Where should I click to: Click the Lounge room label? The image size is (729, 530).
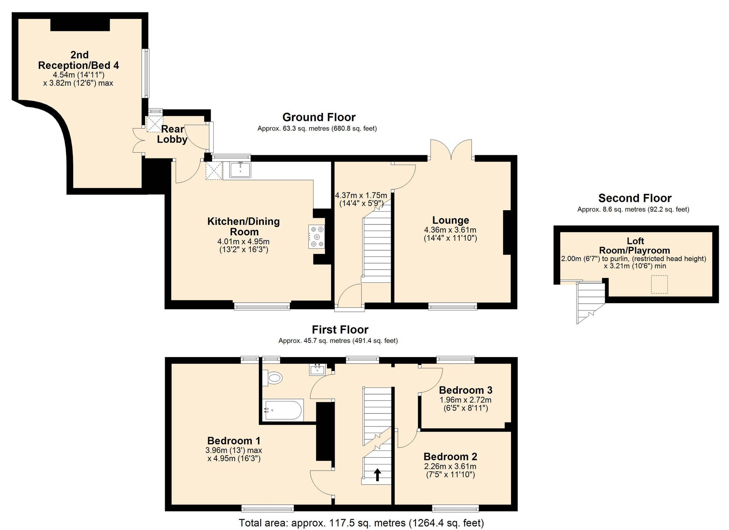(451, 220)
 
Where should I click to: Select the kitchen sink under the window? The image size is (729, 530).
(240, 170)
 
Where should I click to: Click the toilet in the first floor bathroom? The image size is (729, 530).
(272, 378)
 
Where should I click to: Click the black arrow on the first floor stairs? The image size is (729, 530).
(378, 475)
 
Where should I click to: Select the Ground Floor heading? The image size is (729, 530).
(319, 117)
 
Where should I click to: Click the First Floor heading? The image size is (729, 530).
(340, 330)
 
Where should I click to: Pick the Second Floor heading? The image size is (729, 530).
(635, 198)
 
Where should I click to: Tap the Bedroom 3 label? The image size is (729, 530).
(465, 390)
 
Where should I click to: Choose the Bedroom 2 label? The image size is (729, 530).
(450, 456)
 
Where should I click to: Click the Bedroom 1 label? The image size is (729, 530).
(234, 441)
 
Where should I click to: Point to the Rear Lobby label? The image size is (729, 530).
(172, 134)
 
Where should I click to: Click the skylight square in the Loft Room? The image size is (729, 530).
(659, 284)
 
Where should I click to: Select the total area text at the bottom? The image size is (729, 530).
(361, 523)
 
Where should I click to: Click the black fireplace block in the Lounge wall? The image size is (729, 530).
(507, 232)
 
